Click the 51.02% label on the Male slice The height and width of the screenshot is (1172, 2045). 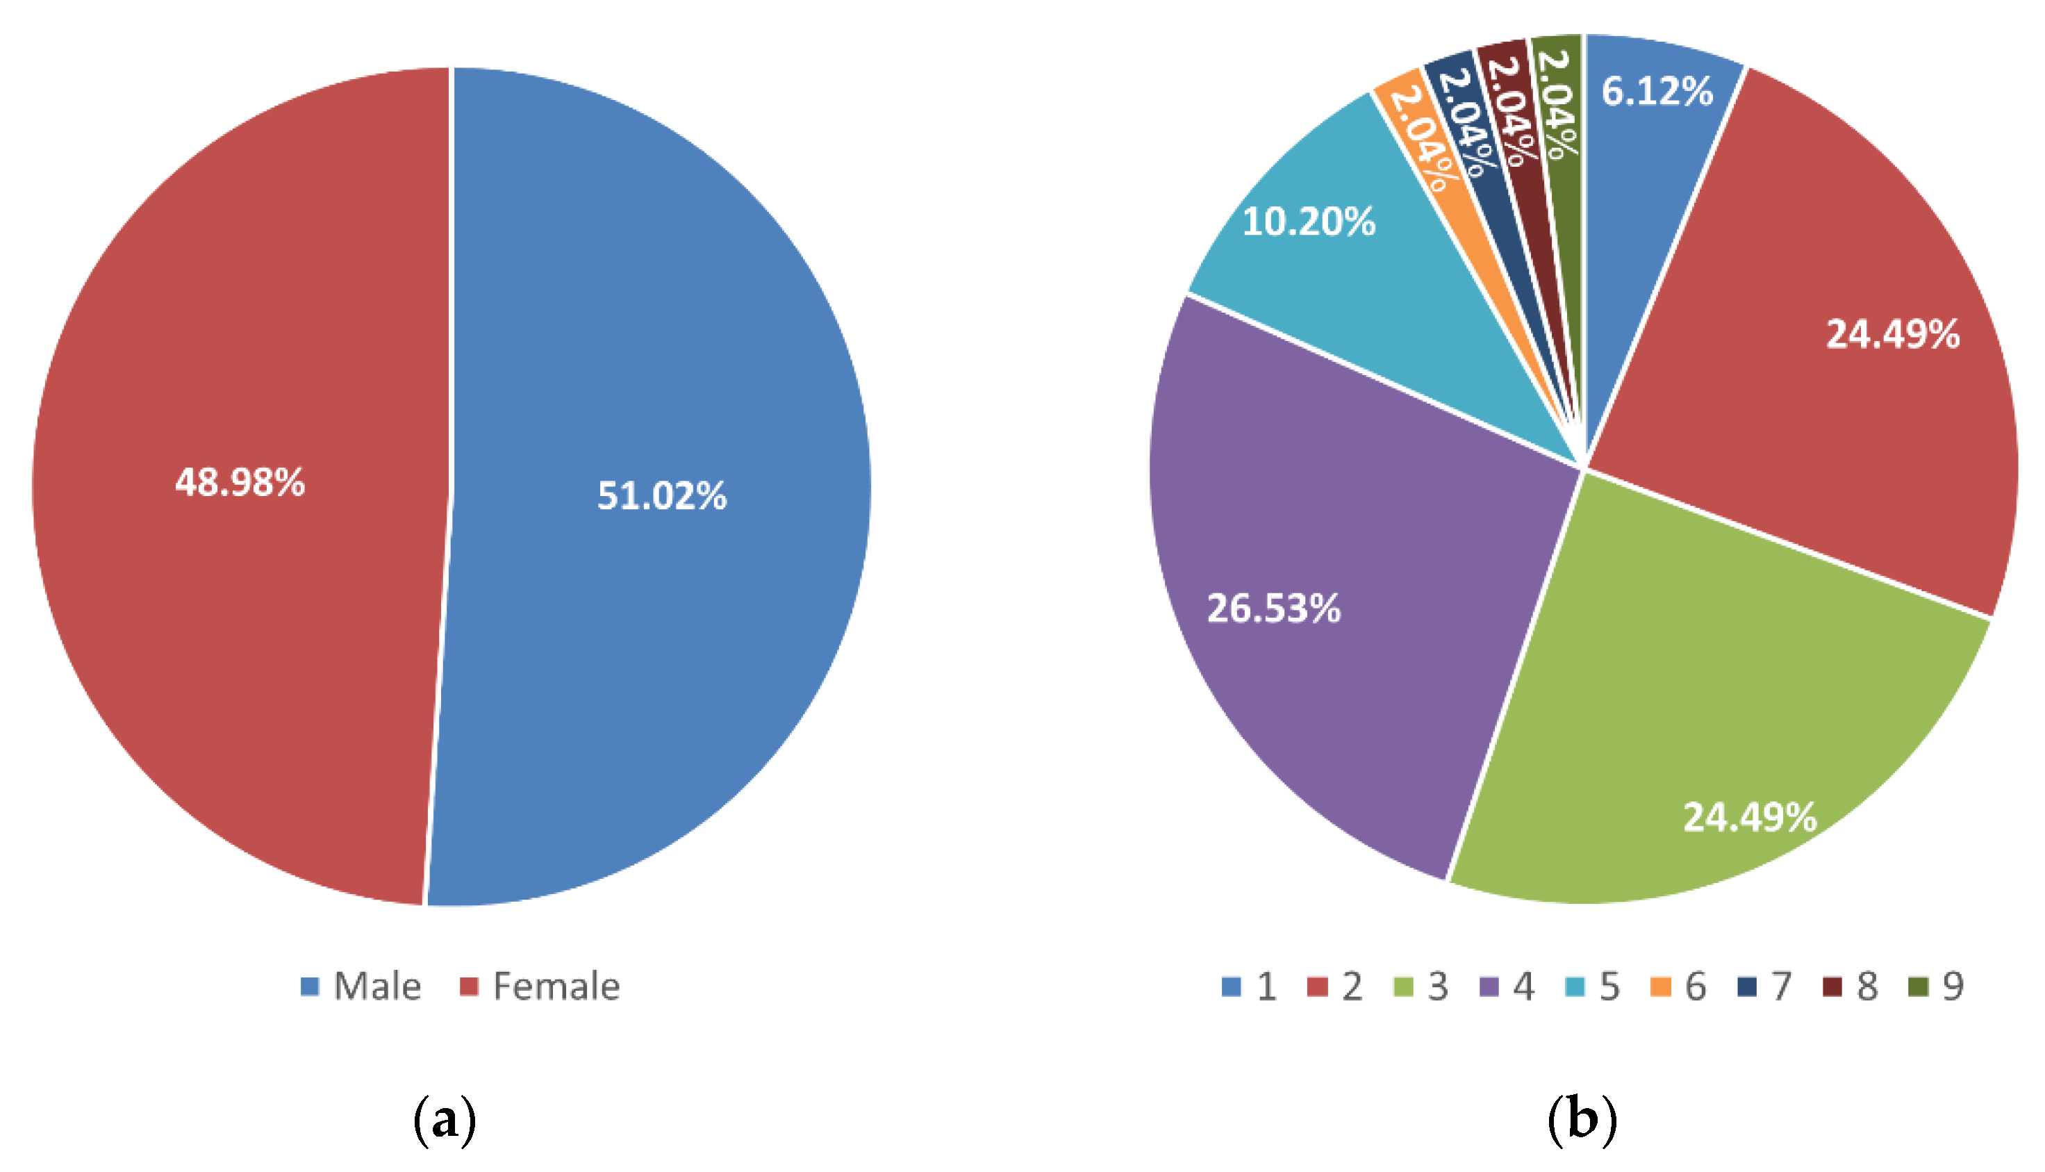661,496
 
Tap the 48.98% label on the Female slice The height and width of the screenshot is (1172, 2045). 240,483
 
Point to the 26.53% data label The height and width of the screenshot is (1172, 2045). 1274,609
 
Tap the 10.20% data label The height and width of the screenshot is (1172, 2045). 1309,222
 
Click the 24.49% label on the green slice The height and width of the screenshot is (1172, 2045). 1750,817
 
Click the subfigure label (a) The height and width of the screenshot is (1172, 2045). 445,1120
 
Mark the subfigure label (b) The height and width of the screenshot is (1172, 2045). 1582,1120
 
